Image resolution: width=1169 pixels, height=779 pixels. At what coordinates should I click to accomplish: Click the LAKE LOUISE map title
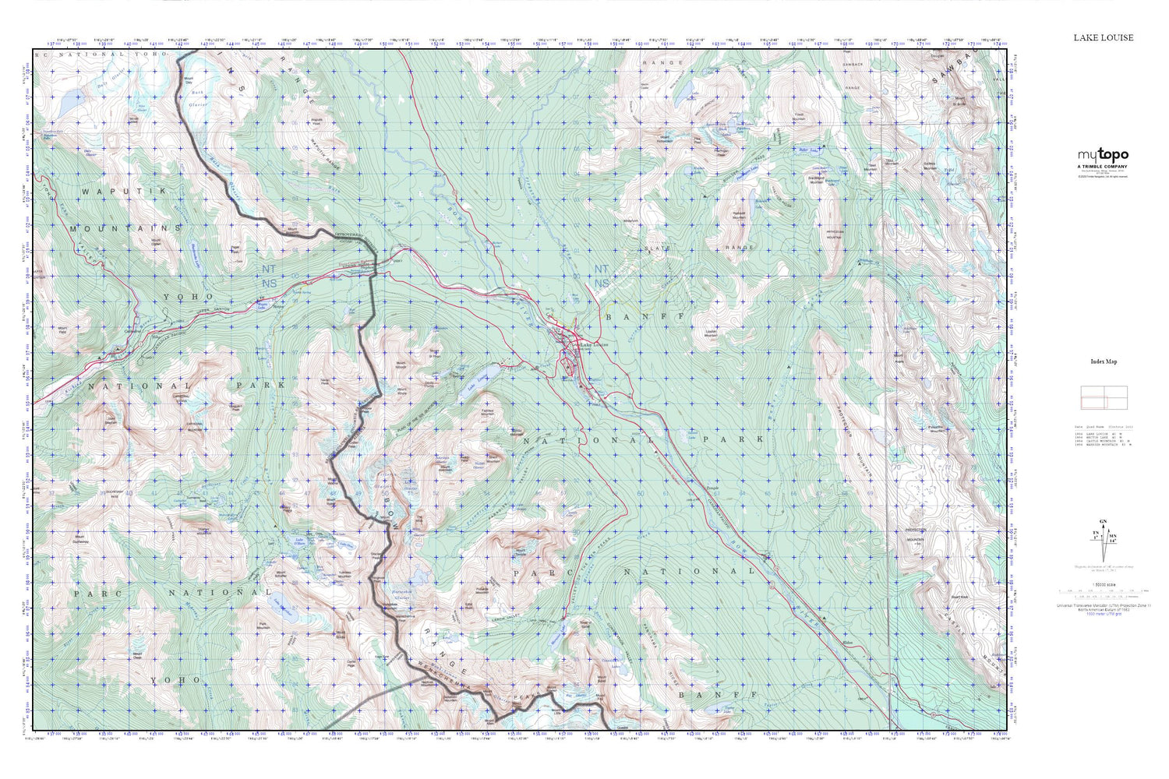point(1103,37)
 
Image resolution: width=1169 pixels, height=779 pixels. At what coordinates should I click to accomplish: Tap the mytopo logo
point(1103,155)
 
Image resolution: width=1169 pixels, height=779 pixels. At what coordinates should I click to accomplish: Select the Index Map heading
point(1104,361)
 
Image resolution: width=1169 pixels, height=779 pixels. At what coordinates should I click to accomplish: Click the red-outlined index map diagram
point(1103,397)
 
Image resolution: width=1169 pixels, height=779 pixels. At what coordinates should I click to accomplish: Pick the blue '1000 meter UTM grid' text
point(1103,615)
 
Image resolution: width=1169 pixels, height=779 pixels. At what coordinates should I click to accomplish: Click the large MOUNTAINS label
point(125,228)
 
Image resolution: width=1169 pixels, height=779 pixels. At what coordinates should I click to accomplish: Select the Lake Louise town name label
point(595,344)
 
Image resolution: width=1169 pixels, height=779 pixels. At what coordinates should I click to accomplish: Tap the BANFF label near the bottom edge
point(717,694)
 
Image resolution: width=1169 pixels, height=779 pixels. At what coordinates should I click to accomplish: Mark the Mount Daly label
point(188,79)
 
